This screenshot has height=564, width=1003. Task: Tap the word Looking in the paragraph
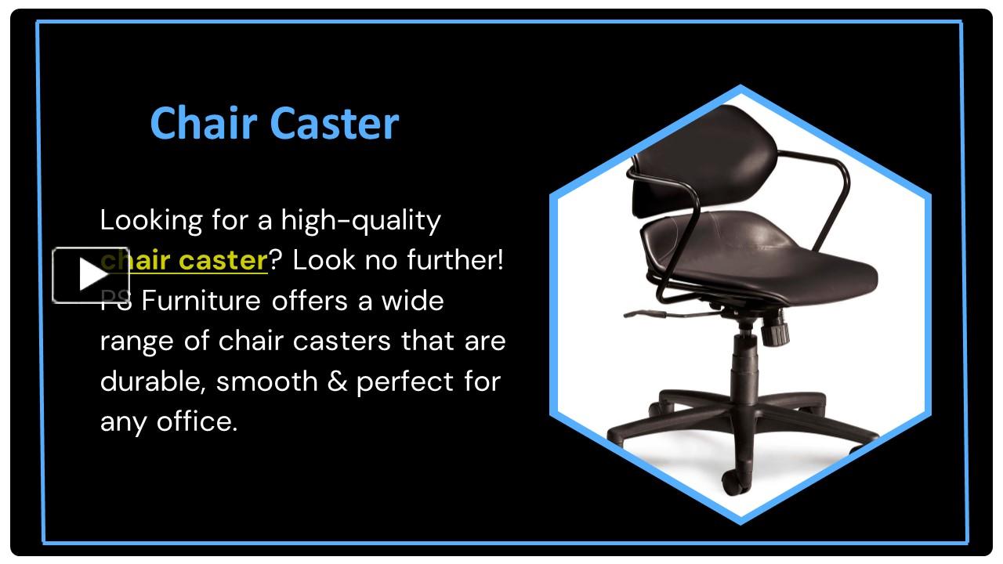151,220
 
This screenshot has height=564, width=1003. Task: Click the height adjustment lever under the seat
650,313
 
